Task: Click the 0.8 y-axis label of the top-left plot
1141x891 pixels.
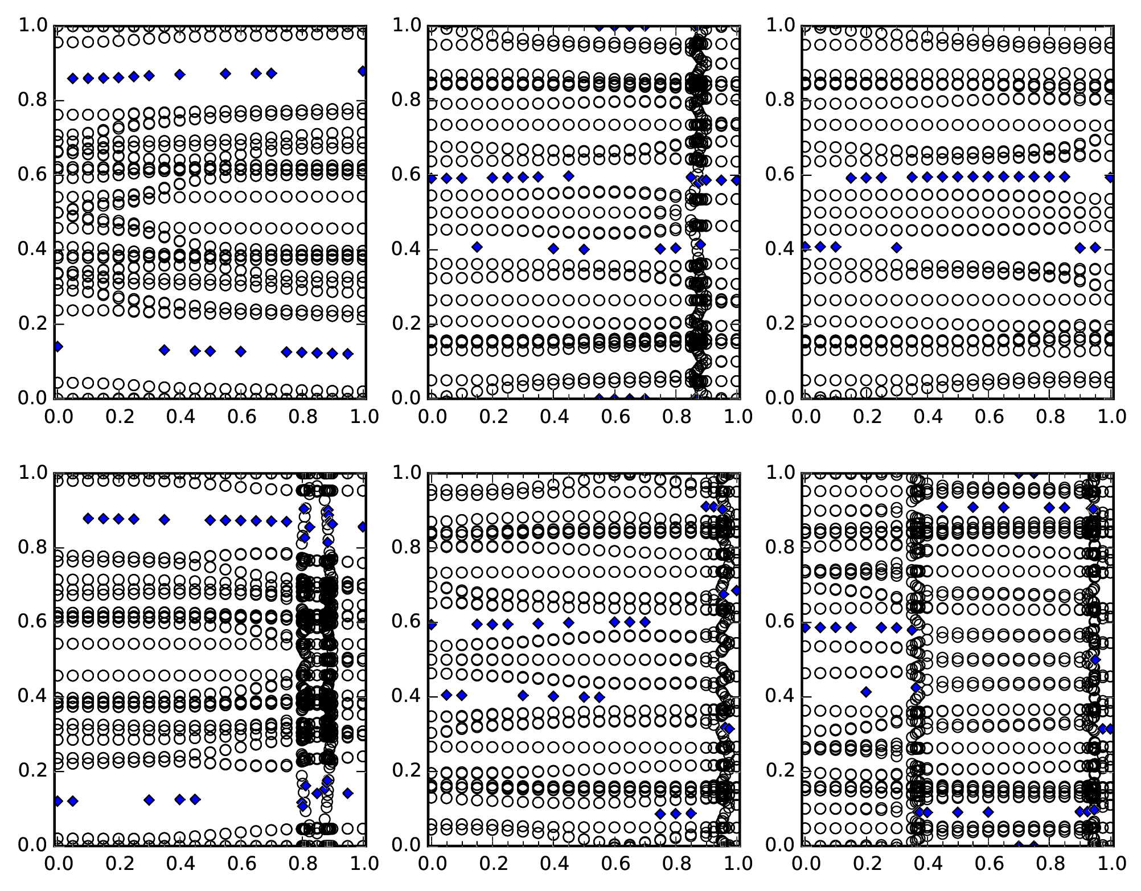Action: point(32,100)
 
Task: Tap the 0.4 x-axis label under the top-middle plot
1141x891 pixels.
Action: point(552,416)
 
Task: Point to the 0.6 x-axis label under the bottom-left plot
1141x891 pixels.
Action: point(240,863)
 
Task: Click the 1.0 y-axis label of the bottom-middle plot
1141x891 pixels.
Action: point(406,473)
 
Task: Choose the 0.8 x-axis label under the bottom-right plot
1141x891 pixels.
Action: point(1049,863)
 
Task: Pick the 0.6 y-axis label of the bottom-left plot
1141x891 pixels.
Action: point(32,621)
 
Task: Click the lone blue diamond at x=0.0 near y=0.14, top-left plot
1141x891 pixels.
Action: point(58,346)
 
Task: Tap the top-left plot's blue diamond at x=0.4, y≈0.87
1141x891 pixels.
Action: point(180,75)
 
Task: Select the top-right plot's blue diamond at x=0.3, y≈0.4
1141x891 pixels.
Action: point(897,247)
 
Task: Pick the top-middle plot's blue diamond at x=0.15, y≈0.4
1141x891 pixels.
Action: point(477,247)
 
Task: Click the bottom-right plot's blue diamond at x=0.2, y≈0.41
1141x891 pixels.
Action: point(866,692)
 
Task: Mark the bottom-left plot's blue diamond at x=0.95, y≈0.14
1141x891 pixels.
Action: point(348,793)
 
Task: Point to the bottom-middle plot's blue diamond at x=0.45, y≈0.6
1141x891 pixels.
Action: point(568,622)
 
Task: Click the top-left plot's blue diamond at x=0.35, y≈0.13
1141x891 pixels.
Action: point(165,350)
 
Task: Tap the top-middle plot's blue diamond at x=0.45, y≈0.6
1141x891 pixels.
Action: point(568,176)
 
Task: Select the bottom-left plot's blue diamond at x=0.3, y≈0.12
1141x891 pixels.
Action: point(149,800)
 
